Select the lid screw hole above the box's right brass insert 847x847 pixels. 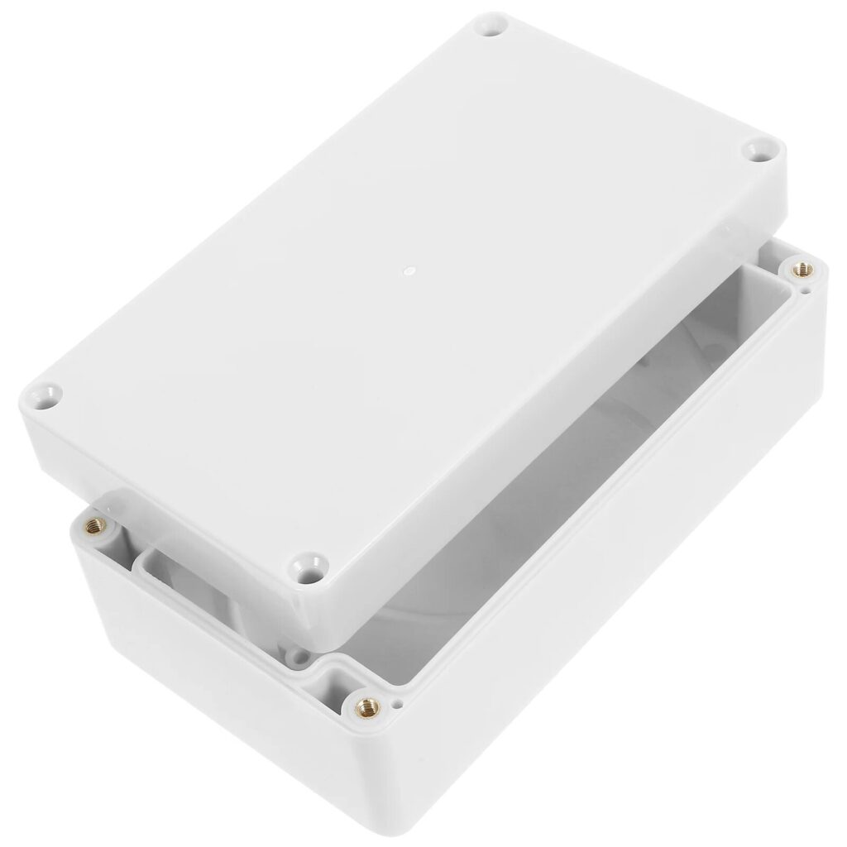(x=757, y=150)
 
